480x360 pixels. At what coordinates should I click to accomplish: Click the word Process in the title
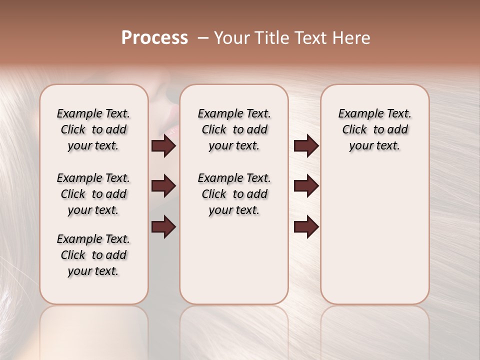154,37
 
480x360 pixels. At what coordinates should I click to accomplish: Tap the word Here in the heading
352,37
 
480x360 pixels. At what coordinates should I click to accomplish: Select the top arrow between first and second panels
163,145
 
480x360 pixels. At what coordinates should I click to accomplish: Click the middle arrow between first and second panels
163,186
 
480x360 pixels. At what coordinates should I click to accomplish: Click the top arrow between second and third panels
306,145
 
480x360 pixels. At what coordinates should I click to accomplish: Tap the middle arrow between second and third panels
306,186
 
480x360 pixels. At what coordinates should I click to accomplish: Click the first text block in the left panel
93,129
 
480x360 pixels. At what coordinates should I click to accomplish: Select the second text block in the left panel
93,194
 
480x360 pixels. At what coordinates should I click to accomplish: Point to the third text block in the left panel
93,255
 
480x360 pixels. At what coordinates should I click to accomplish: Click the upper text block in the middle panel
234,129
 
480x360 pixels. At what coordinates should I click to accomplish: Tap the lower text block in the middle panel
234,194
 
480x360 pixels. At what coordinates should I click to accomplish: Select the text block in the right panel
374,129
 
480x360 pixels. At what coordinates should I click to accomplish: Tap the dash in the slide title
203,38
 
